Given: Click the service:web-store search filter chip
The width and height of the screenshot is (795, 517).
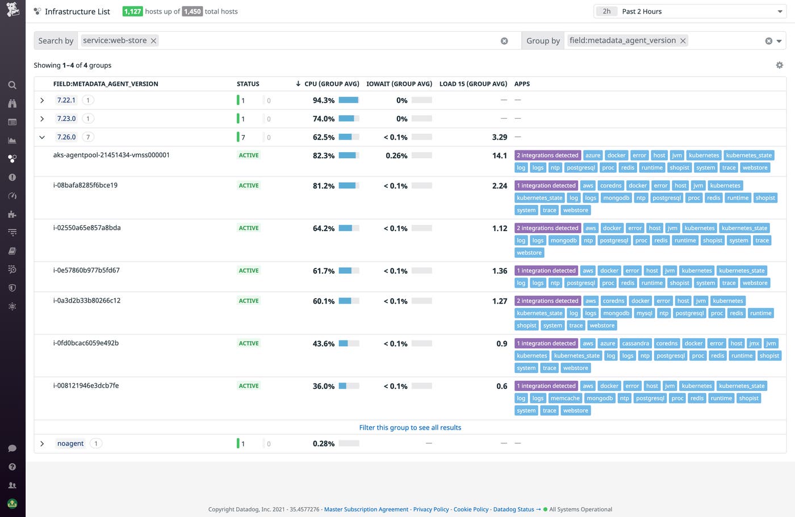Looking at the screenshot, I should coord(115,40).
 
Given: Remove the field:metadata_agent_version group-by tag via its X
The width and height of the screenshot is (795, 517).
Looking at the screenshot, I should coord(683,41).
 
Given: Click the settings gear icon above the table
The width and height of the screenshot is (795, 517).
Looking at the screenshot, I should coord(779,65).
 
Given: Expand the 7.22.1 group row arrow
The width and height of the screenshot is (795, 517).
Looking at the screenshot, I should coord(42,100).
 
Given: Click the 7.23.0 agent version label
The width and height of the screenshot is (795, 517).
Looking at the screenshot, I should coord(66,119).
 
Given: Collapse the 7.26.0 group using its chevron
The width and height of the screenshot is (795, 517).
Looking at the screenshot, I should coord(42,137).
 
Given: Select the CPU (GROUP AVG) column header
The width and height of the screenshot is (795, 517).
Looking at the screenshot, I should coord(332,84).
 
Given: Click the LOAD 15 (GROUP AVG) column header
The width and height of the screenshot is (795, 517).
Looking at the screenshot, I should coord(473,84).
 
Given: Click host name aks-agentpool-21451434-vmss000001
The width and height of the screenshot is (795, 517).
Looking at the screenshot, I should coord(111,155).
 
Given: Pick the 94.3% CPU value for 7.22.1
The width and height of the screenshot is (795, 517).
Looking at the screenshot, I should coord(323,100).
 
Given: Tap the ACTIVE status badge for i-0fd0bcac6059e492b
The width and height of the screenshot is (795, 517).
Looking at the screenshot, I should coord(249,343).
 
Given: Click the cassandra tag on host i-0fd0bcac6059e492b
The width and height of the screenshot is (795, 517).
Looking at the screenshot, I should coord(635,343).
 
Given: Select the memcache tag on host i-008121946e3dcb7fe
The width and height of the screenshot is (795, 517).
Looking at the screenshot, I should coord(565,398).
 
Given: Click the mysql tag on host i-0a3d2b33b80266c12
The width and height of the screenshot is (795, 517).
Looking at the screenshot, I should coord(644,313).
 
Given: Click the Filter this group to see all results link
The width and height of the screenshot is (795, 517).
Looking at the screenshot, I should coord(410,428).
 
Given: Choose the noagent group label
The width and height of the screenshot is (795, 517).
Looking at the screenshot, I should coord(70,444).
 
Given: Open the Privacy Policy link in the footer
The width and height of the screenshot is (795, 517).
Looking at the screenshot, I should coord(430,510).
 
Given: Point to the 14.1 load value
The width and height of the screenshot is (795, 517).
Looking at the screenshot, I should coord(499,155).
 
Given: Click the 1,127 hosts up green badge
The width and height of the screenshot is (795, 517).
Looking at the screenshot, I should coord(132,11).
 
